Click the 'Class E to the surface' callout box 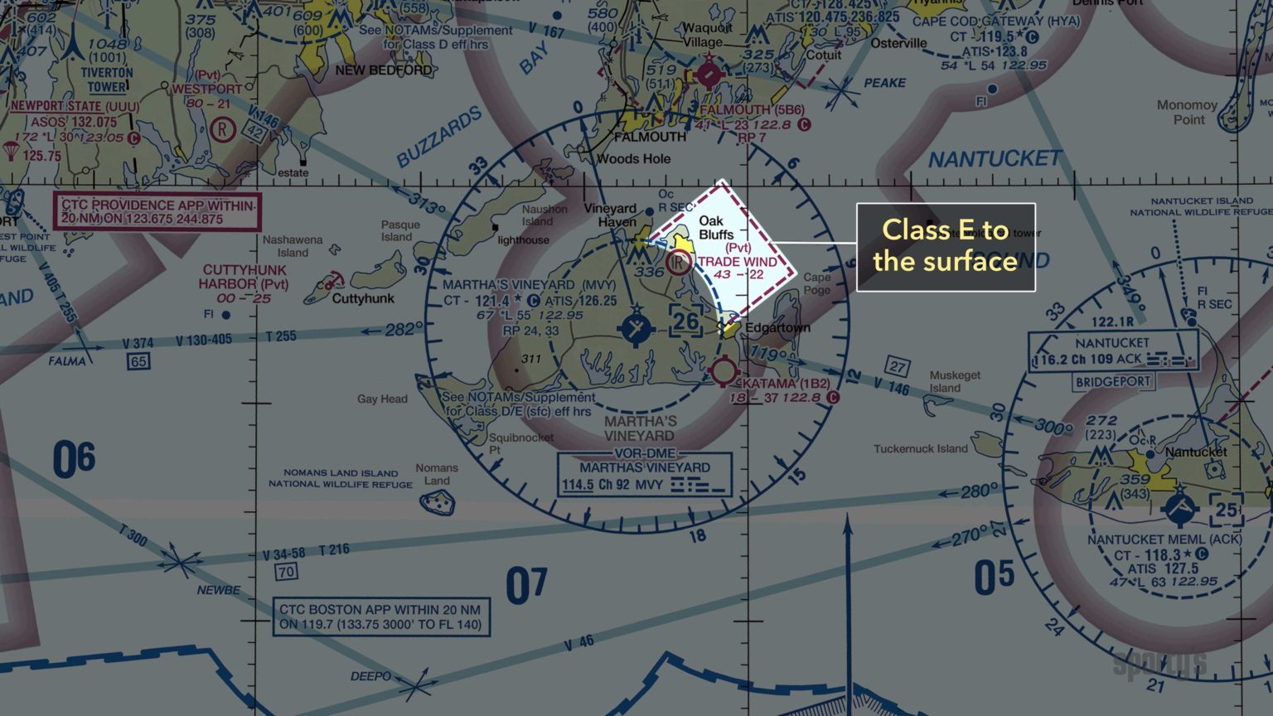[946, 247]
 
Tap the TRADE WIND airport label [737, 262]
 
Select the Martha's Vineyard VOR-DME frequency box [645, 475]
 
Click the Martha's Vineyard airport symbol [636, 329]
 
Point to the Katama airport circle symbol [724, 371]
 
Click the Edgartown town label [777, 327]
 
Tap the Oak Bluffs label [715, 227]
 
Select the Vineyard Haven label [610, 215]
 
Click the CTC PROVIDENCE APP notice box [157, 212]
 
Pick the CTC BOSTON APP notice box [381, 617]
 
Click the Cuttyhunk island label [363, 298]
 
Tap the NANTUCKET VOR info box [1113, 351]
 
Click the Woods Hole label [633, 158]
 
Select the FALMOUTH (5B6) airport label [752, 109]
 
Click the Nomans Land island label [436, 474]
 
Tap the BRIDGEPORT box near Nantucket [1113, 382]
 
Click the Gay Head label [382, 399]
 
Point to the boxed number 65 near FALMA [138, 361]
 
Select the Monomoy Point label [1187, 112]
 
